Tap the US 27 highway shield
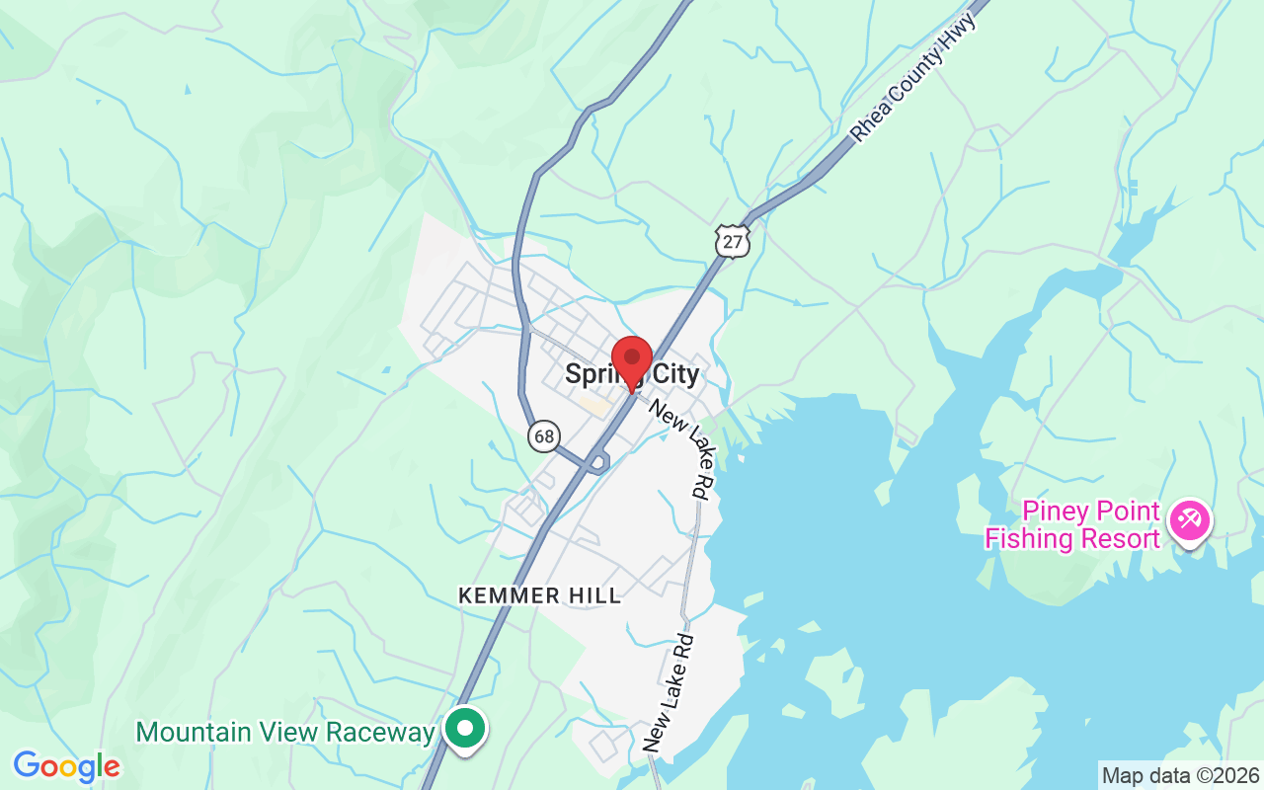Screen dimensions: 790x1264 coord(733,241)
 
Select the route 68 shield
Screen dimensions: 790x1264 coord(543,435)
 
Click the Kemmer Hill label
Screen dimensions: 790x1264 coord(540,595)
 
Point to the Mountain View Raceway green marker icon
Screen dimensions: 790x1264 coord(464,731)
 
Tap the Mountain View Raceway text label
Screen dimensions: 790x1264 coord(285,732)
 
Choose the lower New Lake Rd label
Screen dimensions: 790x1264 coord(670,693)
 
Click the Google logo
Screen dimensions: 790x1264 coord(66,765)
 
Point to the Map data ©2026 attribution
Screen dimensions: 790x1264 coord(1180,775)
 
